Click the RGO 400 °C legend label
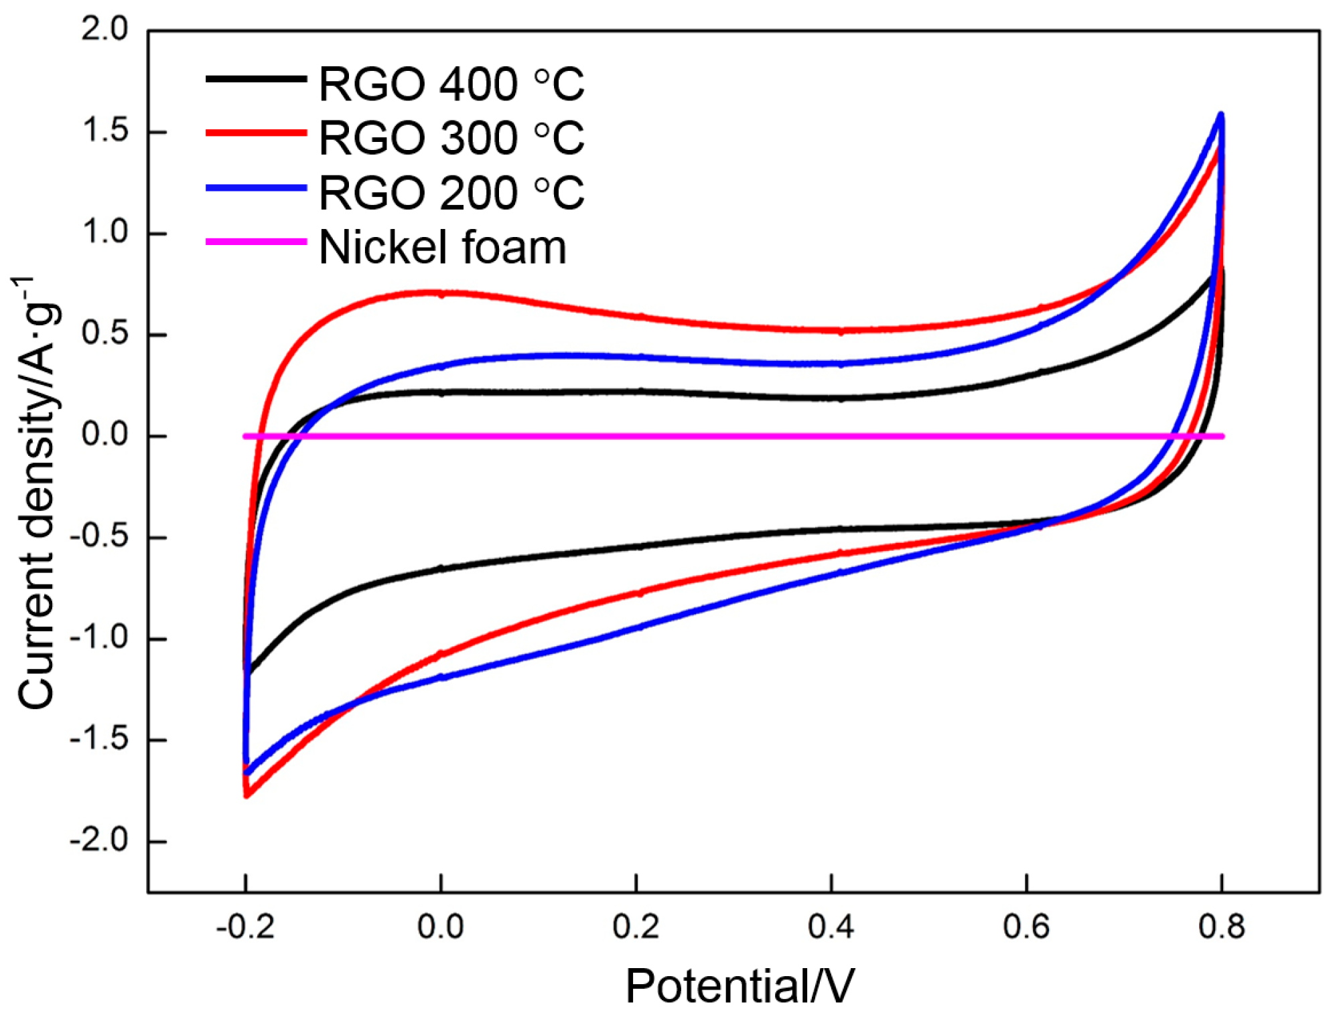pos(451,84)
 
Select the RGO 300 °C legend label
pos(451,139)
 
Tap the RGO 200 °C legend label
pos(451,193)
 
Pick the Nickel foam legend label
pos(442,248)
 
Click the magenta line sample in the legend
pos(256,242)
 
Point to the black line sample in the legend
pos(256,79)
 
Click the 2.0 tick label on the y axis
pos(104,29)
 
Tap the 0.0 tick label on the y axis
pos(104,435)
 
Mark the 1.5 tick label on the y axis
pos(104,131)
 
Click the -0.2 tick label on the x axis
pos(245,927)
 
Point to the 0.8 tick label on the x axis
pos(1221,927)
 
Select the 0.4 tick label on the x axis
pos(831,927)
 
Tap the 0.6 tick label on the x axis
pos(1026,927)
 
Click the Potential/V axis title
pos(740,986)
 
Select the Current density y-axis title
pos(37,492)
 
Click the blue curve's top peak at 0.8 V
pos(1220,115)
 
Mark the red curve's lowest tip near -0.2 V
pos(247,795)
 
